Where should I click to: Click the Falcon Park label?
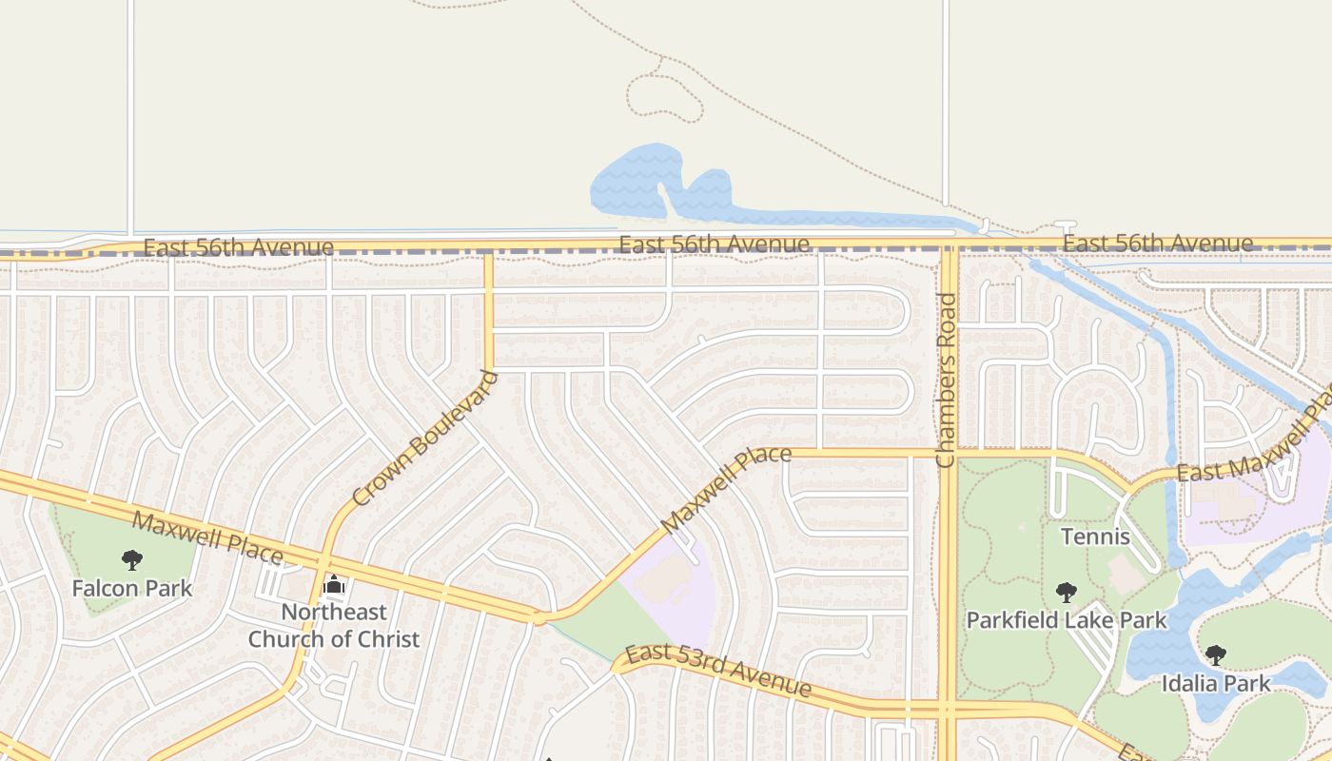pyautogui.click(x=132, y=589)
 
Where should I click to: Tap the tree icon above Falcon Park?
pyautogui.click(x=132, y=560)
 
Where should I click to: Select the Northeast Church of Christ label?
pyautogui.click(x=333, y=625)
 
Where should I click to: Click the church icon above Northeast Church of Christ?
pyautogui.click(x=334, y=584)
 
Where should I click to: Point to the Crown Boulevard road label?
pyautogui.click(x=424, y=439)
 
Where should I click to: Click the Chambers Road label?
pyautogui.click(x=945, y=380)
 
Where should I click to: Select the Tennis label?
pyautogui.click(x=1095, y=537)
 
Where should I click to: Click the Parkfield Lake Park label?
pyautogui.click(x=1066, y=621)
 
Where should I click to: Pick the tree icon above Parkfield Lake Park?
pyautogui.click(x=1066, y=593)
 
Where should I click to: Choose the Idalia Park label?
pyautogui.click(x=1215, y=683)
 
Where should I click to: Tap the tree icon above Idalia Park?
pyautogui.click(x=1215, y=654)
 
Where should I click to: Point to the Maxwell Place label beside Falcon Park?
pyautogui.click(x=206, y=537)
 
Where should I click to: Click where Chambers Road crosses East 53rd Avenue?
pyautogui.click(x=949, y=709)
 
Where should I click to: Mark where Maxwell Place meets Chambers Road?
pyautogui.click(x=949, y=453)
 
